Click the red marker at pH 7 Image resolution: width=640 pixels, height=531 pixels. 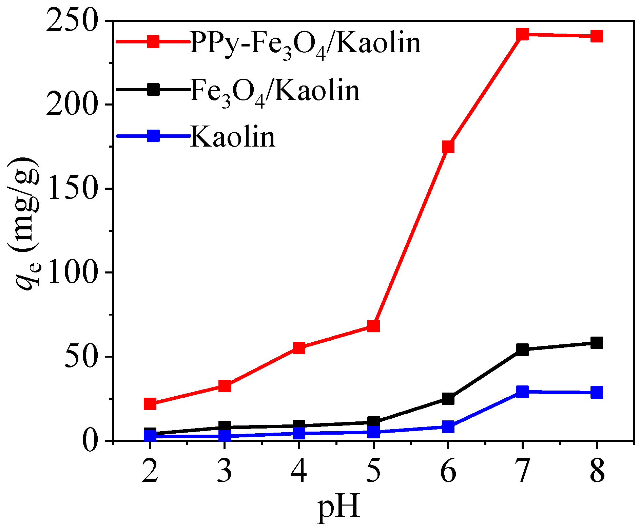(x=522, y=34)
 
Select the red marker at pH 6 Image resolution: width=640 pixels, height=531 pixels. (x=448, y=147)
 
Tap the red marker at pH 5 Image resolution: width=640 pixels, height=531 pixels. (x=373, y=326)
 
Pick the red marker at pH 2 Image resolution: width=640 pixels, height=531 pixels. (x=150, y=404)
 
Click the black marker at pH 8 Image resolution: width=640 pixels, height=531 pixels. (x=597, y=343)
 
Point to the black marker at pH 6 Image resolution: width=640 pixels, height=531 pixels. (x=448, y=399)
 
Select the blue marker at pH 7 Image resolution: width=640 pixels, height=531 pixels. (x=522, y=391)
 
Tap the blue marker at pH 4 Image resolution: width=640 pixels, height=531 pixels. (x=299, y=433)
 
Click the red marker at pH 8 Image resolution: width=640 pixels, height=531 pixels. (x=597, y=36)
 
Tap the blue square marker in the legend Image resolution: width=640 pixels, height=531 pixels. (x=153, y=136)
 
